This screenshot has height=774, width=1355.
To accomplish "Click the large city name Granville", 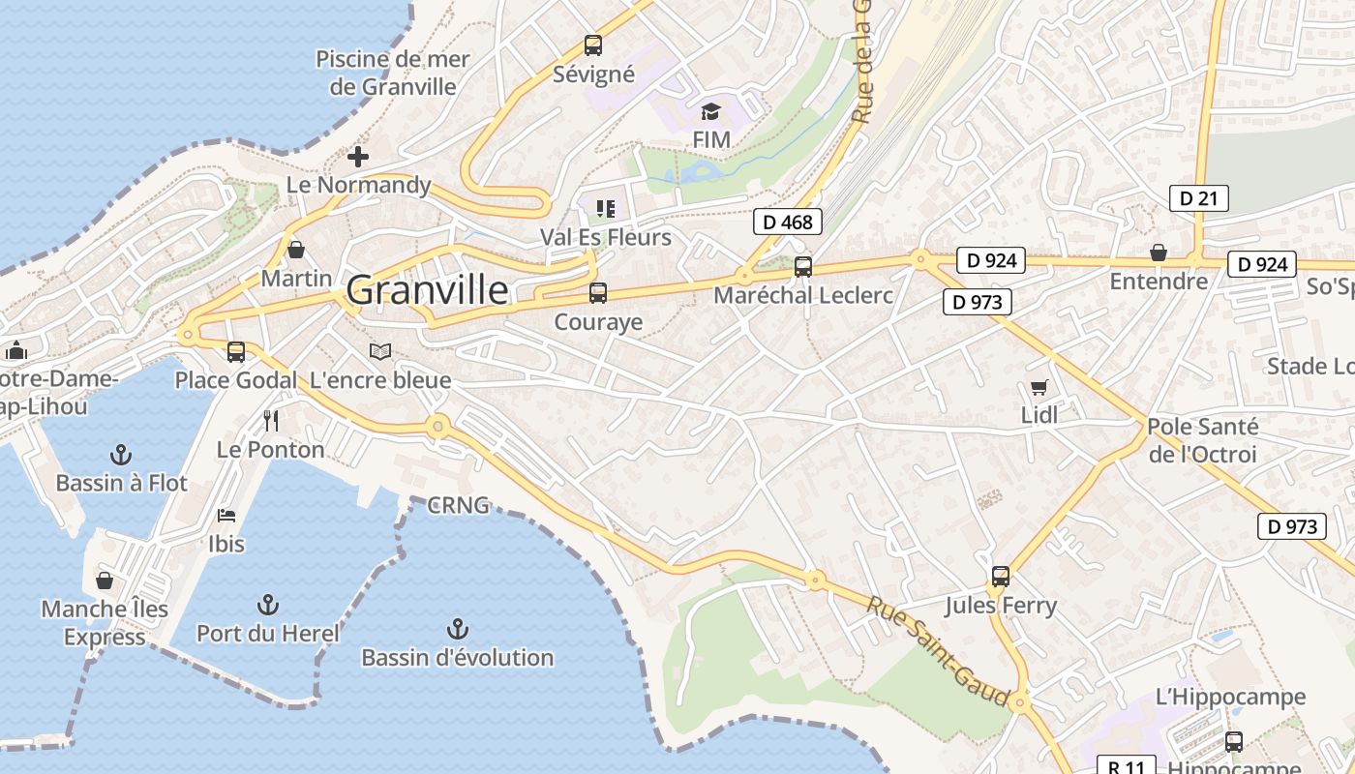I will point(427,289).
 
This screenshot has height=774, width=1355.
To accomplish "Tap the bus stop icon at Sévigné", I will point(593,45).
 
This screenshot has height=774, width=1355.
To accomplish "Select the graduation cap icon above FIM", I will point(711,111).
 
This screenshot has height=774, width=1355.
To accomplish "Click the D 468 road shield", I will point(788,222).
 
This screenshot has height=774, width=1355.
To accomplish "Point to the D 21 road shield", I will point(1198,198).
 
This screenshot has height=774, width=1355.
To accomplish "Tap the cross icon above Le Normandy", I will point(358,156).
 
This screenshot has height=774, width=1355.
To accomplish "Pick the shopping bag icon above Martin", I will point(296,250).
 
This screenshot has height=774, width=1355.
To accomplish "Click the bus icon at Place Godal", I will point(236,352).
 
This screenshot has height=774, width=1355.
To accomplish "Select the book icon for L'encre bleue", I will point(380,351).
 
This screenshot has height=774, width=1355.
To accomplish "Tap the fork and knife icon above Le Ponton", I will point(271,420).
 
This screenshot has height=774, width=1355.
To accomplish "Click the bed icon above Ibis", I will point(226,515).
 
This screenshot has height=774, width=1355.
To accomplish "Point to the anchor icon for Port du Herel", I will point(268,606).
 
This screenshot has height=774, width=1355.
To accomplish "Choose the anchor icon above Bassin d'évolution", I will point(458,630).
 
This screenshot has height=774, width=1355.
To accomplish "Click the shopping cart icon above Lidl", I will point(1039,387).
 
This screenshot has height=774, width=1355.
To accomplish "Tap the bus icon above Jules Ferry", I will point(1001,577).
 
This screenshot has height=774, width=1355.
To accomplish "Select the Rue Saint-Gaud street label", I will point(937,651).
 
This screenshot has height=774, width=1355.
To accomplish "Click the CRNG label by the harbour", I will point(459,505).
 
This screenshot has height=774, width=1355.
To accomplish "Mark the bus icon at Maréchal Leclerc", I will point(803,267).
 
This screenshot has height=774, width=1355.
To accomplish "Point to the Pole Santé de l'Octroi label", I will point(1202,440).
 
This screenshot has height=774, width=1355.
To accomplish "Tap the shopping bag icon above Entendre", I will point(1159,253).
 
